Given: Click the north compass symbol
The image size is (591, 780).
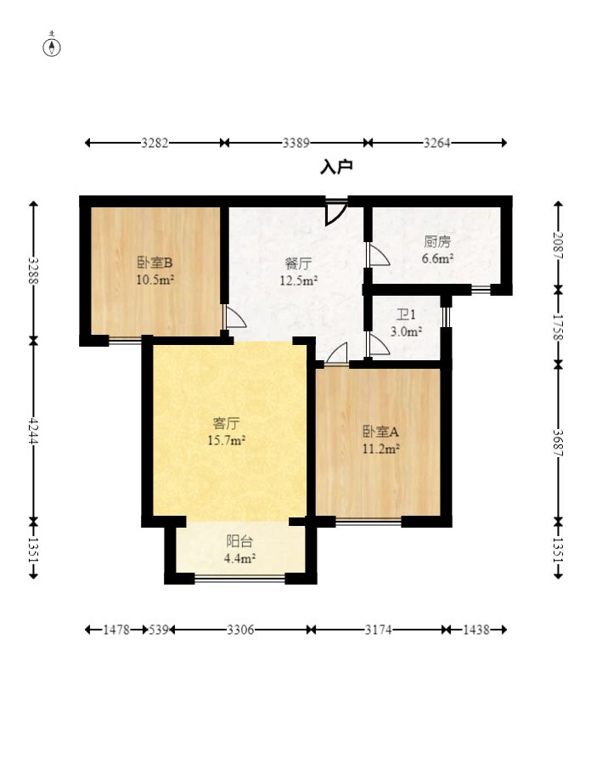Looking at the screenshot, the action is [52, 46].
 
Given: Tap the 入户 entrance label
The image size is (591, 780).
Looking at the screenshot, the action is [336, 167].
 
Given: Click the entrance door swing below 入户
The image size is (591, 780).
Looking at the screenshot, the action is [335, 212].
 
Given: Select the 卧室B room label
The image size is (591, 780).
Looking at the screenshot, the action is [155, 263].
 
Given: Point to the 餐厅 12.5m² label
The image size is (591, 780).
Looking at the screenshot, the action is [298, 272].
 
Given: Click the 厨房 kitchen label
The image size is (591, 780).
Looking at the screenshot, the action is [437, 242].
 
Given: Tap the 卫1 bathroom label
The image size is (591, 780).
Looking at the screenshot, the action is [406, 314].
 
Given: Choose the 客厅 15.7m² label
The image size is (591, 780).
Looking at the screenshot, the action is [227, 432].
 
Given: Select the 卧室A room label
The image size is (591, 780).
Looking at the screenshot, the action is [380, 432].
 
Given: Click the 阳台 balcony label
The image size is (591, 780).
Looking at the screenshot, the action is [239, 540].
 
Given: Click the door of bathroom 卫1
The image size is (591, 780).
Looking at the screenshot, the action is [379, 345].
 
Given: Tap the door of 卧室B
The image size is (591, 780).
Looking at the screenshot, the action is [235, 317].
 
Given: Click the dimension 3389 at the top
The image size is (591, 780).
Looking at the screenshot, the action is [296, 144].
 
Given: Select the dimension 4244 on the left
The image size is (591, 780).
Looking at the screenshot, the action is [33, 431].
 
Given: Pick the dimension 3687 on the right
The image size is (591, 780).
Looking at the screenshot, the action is [558, 443].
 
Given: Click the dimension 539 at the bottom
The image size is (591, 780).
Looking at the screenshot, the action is [159, 630].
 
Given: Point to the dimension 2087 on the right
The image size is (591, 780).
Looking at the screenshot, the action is [558, 246].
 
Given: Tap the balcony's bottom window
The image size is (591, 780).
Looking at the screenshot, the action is [239, 578].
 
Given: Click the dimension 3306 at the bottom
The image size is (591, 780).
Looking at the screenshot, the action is [240, 630].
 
